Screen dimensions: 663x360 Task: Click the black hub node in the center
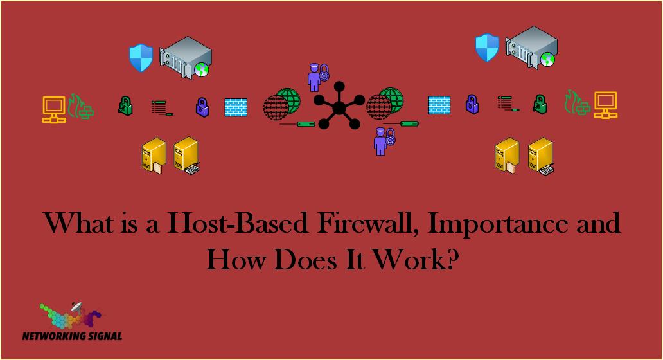coord(339,108)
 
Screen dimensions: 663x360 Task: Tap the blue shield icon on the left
coord(141,58)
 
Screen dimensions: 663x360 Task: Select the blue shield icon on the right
coord(487,48)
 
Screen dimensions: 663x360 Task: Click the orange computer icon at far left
coord(54,109)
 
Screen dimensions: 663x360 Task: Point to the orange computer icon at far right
coord(605,105)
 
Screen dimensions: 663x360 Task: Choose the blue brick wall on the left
coord(236,107)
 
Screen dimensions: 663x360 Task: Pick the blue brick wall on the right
coord(439,105)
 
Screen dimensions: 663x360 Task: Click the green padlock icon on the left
coord(125,106)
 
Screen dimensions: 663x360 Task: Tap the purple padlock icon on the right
coord(472,104)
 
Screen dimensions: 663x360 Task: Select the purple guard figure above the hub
coord(318,77)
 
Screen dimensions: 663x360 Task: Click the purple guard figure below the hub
coord(384,141)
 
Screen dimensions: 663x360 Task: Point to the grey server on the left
coord(185,57)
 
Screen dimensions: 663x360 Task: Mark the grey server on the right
coord(531,48)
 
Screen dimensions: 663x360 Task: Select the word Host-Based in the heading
coord(238,223)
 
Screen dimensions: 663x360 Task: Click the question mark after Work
coord(452,258)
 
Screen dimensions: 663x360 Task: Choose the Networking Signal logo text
coord(73,336)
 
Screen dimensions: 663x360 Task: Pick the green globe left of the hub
coord(288,100)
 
